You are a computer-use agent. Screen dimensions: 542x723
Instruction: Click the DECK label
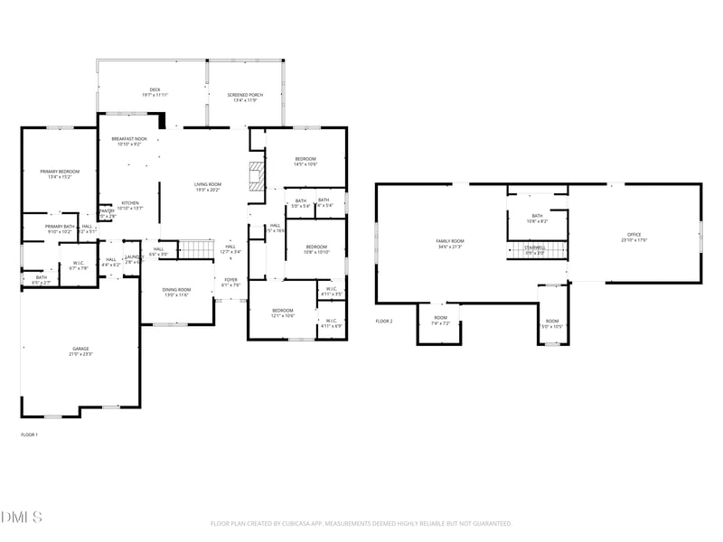(x=155, y=89)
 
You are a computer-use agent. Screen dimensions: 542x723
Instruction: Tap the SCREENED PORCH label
(x=243, y=95)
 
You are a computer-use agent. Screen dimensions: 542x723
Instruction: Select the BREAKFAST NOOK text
(x=129, y=139)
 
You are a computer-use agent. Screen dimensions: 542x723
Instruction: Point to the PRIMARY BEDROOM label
(x=60, y=172)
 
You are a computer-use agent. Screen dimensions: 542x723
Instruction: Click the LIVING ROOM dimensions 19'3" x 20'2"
(x=208, y=190)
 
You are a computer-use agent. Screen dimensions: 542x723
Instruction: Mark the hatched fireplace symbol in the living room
(x=257, y=173)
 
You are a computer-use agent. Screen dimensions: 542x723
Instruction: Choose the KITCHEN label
(x=130, y=202)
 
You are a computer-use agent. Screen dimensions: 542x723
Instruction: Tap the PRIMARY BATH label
(x=60, y=226)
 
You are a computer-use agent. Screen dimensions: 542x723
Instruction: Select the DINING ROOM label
(x=176, y=289)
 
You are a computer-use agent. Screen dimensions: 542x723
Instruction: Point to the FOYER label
(x=231, y=279)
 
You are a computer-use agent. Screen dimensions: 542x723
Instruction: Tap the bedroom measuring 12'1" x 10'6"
(x=284, y=313)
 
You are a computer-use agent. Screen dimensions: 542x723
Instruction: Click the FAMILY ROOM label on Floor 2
(x=449, y=240)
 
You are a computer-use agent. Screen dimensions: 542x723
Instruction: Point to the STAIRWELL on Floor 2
(x=535, y=249)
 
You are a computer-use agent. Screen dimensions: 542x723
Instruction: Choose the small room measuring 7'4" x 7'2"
(x=440, y=320)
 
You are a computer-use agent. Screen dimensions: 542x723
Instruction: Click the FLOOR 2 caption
(x=384, y=321)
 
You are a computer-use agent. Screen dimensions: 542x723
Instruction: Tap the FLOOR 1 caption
(x=29, y=435)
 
